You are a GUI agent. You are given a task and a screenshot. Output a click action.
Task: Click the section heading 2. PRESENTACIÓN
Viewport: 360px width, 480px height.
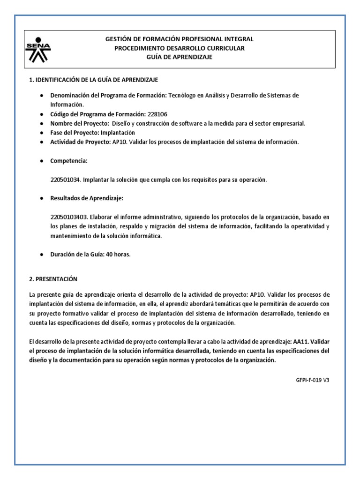coord(52,279)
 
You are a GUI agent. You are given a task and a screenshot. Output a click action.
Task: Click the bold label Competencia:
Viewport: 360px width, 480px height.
coord(69,161)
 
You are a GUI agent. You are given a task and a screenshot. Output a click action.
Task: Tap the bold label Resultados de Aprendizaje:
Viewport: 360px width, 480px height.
coord(87,198)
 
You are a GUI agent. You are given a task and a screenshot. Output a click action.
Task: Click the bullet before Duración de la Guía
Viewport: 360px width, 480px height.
coord(41,255)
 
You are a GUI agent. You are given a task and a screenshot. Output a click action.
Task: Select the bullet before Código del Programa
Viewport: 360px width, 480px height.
coord(41,114)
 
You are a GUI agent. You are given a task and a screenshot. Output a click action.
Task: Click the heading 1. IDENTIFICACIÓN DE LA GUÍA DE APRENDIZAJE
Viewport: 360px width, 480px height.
coord(97,80)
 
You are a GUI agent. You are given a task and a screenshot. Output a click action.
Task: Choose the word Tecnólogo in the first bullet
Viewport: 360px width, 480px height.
coord(182,95)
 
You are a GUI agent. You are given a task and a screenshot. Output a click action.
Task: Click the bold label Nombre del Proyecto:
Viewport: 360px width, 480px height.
coord(79,123)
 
